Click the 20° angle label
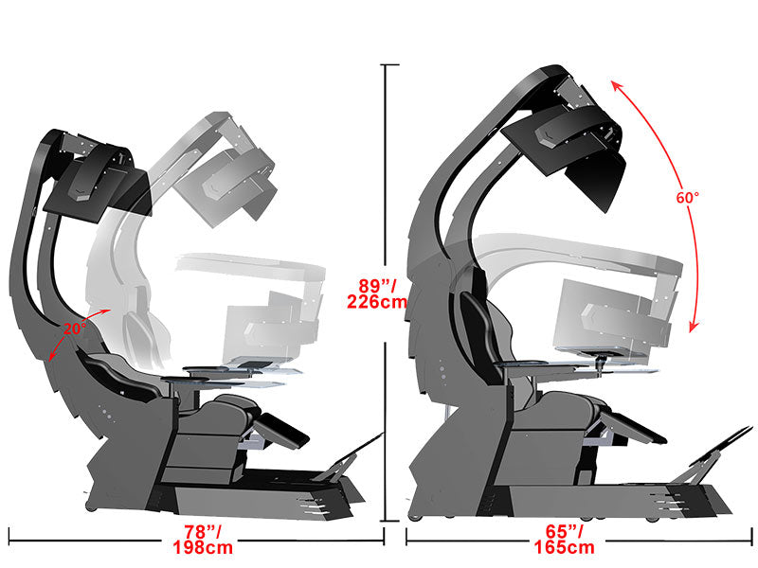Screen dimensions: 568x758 click(75, 328)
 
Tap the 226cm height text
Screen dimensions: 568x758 click(376, 303)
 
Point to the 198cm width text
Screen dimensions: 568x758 click(196, 547)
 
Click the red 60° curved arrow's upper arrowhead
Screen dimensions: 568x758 click(615, 85)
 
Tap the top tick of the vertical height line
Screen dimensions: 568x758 click(385, 64)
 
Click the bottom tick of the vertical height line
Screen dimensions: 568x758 click(385, 521)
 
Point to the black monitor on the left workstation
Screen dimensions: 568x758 click(95, 189)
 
